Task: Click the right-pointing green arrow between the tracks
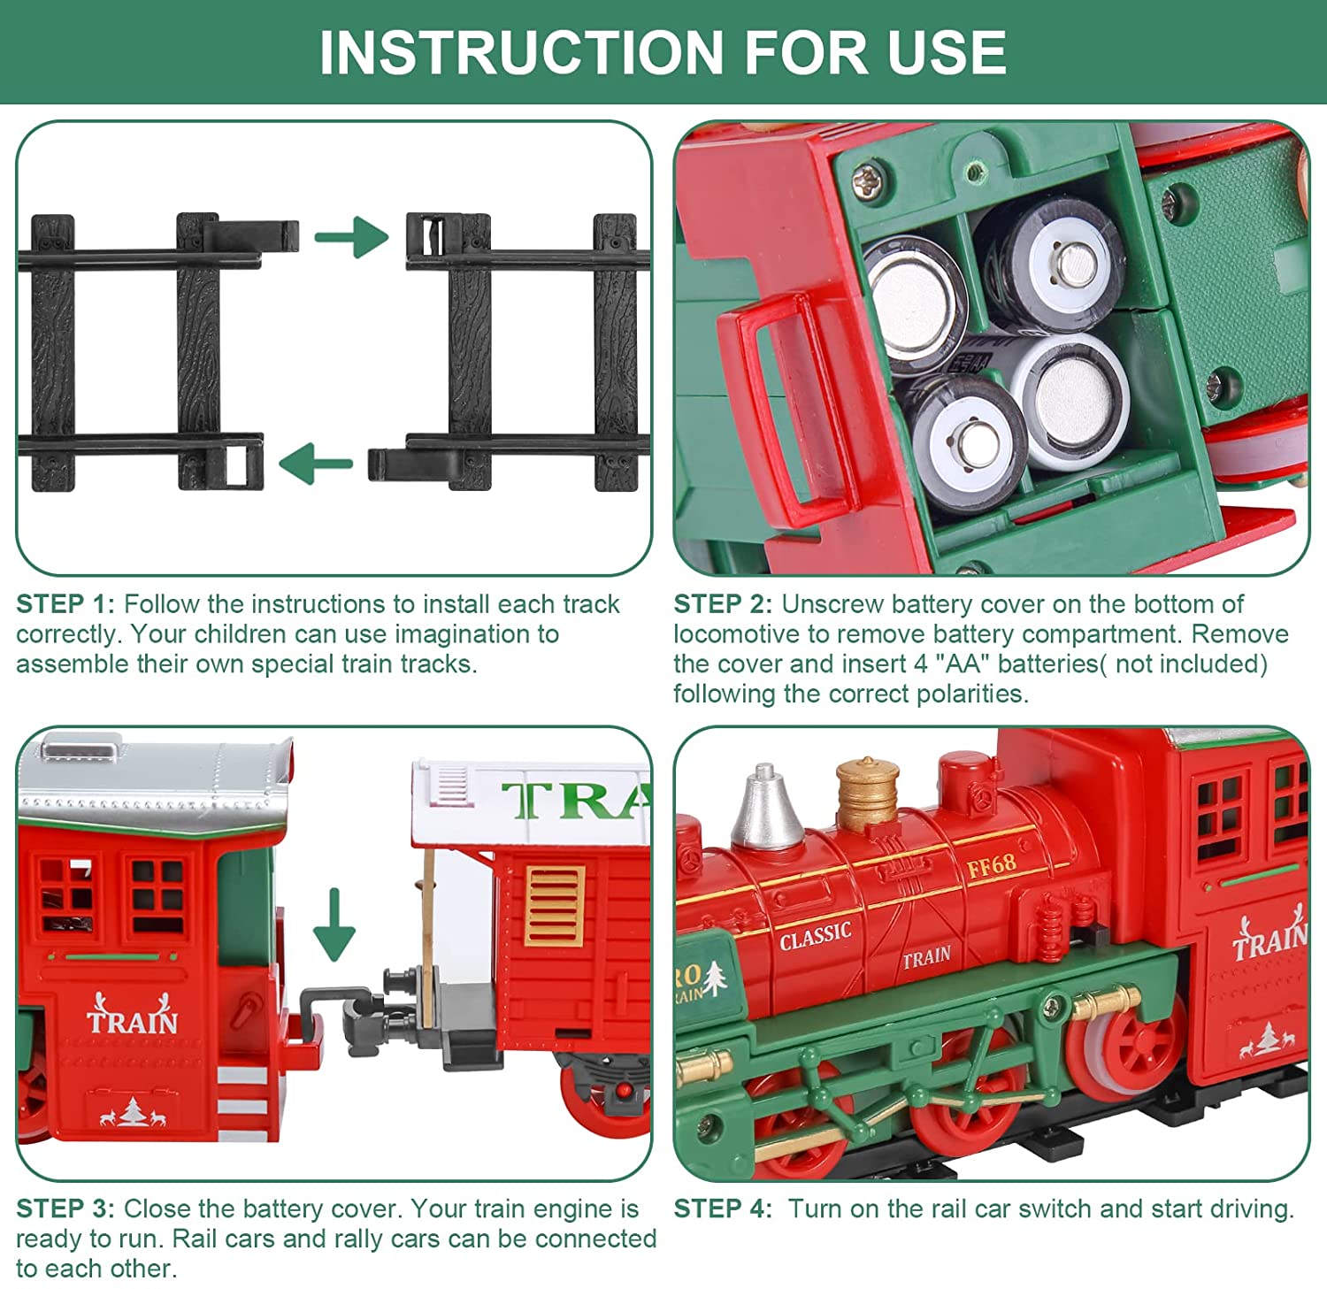click(x=352, y=236)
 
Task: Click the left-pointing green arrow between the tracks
click(x=316, y=464)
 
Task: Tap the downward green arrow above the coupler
click(x=334, y=925)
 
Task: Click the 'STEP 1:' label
click(x=65, y=604)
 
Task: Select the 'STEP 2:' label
click(x=723, y=604)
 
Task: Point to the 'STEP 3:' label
click(x=65, y=1208)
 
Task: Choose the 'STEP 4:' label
click(x=723, y=1208)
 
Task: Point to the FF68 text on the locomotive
click(x=991, y=864)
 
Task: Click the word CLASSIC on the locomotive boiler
click(x=815, y=935)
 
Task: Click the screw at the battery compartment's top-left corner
click(x=864, y=180)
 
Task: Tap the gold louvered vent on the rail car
click(x=555, y=906)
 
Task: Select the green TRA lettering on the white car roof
click(x=575, y=801)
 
